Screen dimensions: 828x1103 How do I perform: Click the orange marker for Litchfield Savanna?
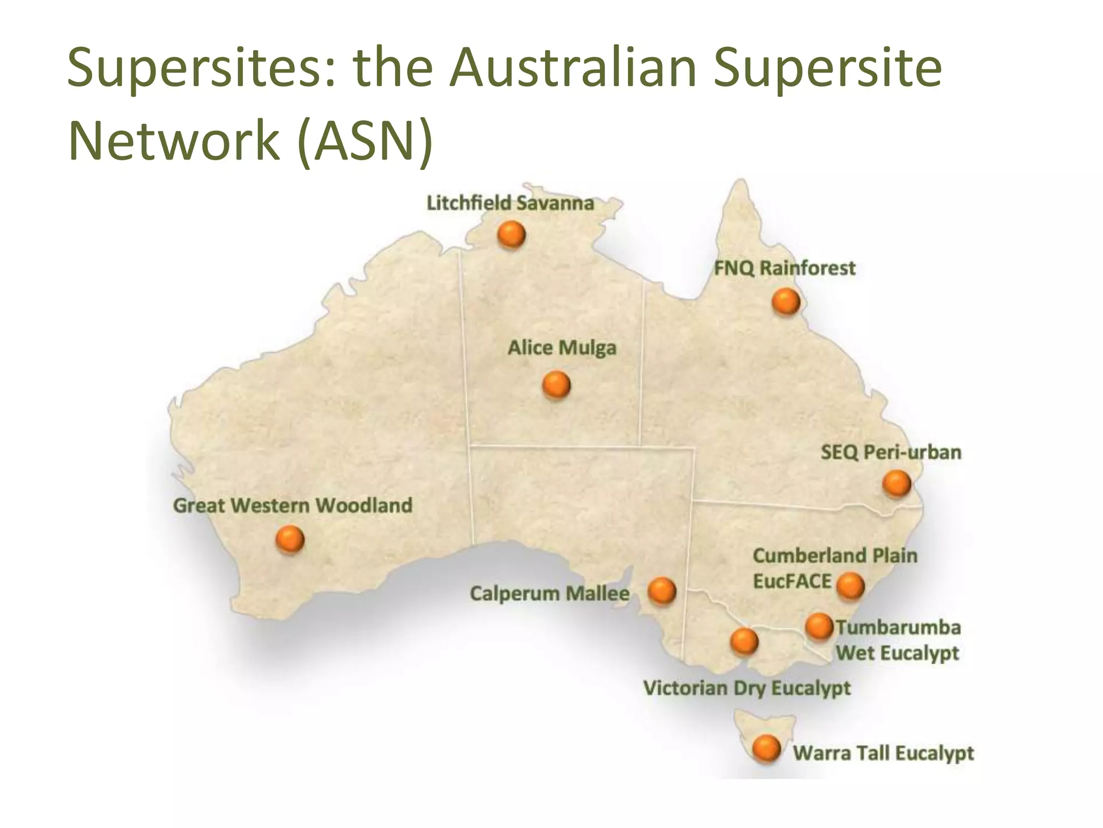[511, 235]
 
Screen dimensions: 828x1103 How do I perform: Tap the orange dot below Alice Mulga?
[556, 385]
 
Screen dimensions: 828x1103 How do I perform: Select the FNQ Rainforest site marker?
[786, 301]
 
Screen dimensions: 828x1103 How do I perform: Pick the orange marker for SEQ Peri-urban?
[897, 483]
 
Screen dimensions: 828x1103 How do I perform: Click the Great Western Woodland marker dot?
[290, 539]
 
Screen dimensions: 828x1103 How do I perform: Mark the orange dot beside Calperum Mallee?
[662, 591]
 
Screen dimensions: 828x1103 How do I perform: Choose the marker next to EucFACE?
[851, 585]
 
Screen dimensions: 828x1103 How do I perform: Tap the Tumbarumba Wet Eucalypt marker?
[819, 626]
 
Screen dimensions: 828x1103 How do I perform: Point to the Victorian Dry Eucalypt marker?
[744, 641]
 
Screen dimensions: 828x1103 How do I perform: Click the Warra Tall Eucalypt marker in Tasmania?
[766, 749]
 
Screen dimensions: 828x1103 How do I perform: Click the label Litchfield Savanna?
[510, 203]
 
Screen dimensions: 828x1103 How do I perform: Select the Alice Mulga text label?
[562, 348]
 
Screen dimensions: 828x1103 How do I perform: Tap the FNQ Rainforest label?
[784, 268]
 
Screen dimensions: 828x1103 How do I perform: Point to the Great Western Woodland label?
[292, 506]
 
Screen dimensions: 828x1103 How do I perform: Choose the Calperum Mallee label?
[549, 594]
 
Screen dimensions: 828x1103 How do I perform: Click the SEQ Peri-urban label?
[891, 452]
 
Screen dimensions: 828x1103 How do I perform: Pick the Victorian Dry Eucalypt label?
[746, 688]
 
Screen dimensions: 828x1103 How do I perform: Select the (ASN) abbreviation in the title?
[365, 141]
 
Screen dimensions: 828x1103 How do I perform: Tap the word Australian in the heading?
[573, 67]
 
